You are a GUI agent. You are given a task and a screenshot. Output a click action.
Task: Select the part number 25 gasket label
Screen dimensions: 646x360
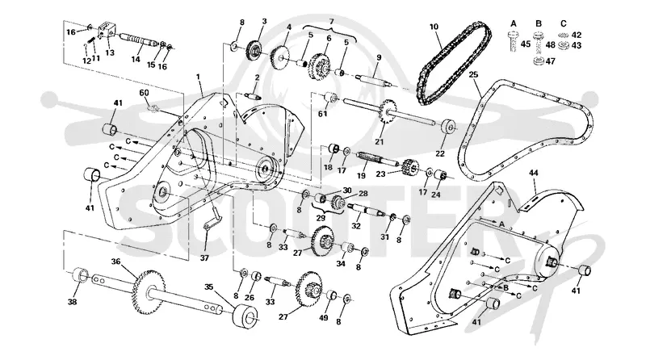473,75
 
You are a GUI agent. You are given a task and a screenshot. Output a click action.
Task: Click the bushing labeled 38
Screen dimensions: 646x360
79,275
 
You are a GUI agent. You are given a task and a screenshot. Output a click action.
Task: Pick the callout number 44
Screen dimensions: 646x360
533,173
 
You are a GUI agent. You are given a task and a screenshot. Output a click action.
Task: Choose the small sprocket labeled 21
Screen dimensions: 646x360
386,111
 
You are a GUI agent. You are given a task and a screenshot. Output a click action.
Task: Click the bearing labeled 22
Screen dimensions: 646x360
447,127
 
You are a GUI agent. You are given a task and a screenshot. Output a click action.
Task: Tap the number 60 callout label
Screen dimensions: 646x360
144,93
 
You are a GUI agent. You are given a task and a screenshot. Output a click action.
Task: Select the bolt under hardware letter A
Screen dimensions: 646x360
512,43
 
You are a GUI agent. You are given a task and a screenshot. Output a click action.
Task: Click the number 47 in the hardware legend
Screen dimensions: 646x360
551,61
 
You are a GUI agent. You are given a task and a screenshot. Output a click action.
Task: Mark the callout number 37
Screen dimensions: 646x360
204,258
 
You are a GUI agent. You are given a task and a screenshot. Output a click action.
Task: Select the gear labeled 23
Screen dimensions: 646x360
409,166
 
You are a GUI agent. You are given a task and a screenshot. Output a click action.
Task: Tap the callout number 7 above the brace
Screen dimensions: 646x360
331,22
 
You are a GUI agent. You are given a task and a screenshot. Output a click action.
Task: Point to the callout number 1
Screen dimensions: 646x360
198,77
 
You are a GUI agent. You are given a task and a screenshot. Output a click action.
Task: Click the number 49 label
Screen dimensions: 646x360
324,318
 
